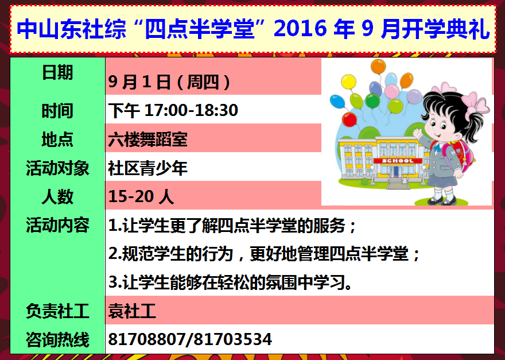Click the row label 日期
point(57,72)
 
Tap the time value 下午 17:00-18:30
point(173,110)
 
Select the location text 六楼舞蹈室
point(148,139)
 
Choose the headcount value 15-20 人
point(141,196)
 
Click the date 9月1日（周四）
point(169,82)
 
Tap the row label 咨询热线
point(57,339)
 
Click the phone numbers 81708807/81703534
point(190,339)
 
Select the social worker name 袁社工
point(132,311)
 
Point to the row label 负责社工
point(57,311)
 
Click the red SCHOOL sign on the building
point(398,161)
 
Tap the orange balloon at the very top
point(378,67)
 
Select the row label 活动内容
point(57,225)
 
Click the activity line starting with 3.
point(230,282)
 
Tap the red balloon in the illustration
point(349,119)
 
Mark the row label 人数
point(57,196)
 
